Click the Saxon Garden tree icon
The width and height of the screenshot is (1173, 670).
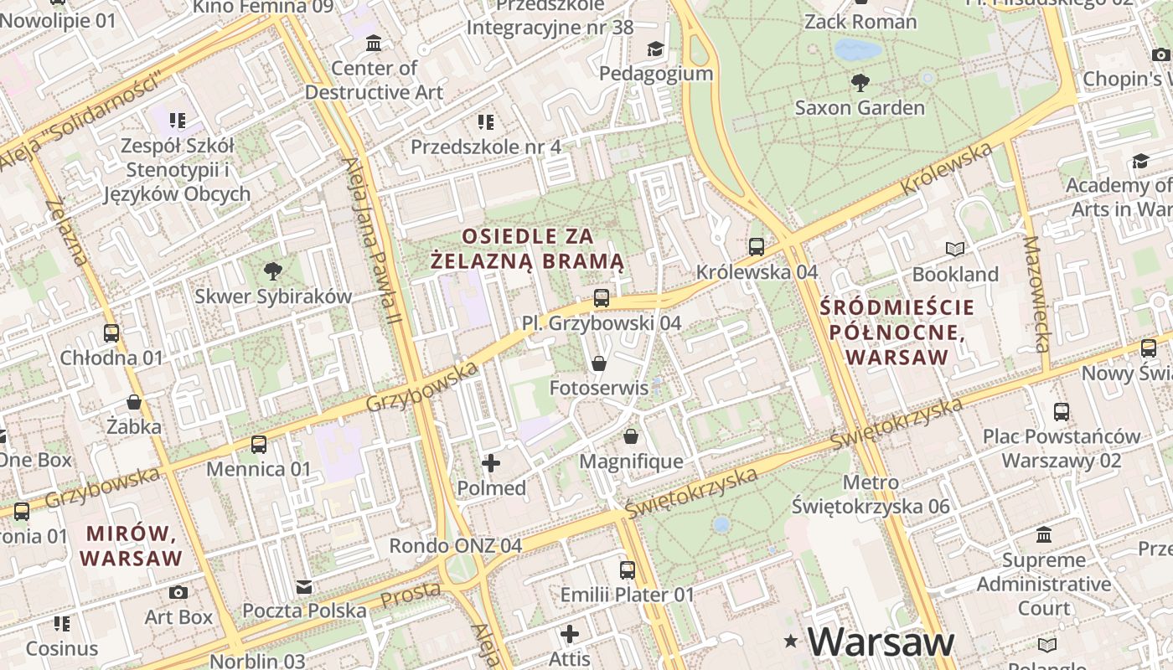click(x=860, y=82)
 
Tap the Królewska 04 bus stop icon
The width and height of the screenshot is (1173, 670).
click(x=757, y=246)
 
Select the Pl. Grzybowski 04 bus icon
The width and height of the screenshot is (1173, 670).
click(x=601, y=297)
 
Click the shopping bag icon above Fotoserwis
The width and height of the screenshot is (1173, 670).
click(x=598, y=363)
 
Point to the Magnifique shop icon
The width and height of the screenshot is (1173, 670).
click(x=631, y=436)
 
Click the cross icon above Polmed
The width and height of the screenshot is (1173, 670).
click(x=491, y=462)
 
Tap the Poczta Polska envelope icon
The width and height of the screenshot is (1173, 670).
click(x=304, y=586)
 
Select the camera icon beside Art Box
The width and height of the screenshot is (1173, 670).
click(x=178, y=592)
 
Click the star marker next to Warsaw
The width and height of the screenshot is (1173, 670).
click(x=790, y=642)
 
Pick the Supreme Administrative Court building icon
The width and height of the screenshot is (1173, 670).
click(x=1044, y=534)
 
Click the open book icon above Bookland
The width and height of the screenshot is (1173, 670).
click(x=955, y=249)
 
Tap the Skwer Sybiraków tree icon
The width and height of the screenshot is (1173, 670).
click(x=272, y=271)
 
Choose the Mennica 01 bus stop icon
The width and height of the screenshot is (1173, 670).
click(x=259, y=444)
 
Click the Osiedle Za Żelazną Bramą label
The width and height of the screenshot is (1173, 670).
click(x=528, y=248)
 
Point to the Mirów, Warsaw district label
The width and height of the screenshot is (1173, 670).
click(x=131, y=545)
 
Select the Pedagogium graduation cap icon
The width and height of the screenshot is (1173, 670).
click(x=655, y=49)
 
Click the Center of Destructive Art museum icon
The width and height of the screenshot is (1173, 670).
click(x=374, y=43)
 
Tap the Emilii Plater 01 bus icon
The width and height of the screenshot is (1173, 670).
click(x=628, y=570)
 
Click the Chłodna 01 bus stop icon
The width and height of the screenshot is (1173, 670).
click(x=111, y=332)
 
